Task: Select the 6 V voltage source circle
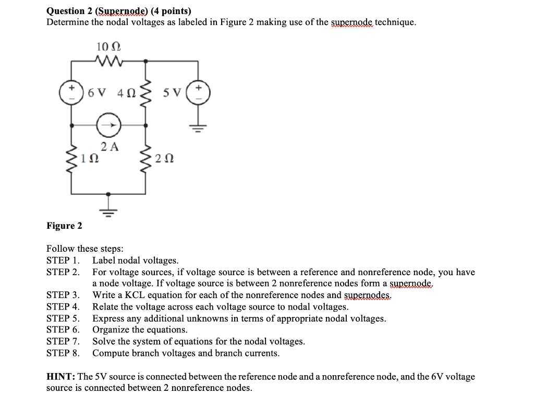(71, 93)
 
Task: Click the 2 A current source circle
(110, 125)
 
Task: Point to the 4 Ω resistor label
(126, 94)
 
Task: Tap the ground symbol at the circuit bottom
(109, 210)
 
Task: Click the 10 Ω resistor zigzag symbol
(108, 62)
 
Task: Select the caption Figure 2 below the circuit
(64, 226)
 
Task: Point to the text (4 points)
(171, 11)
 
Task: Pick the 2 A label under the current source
(110, 146)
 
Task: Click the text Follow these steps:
(84, 249)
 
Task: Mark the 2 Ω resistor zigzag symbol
(146, 157)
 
